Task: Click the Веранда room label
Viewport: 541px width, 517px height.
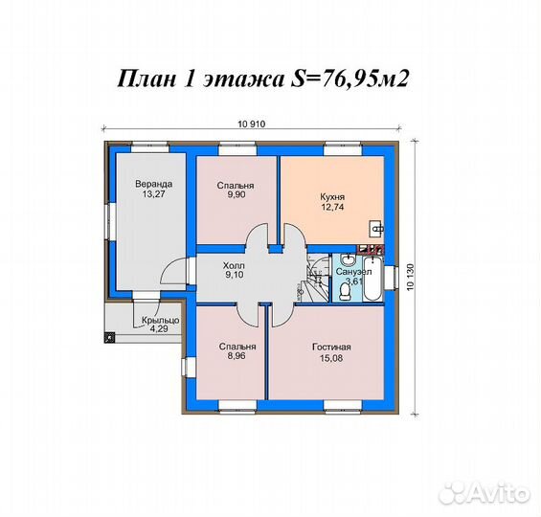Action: (153, 184)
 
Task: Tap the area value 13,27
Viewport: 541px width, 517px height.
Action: (153, 194)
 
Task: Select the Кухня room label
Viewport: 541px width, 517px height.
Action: (332, 197)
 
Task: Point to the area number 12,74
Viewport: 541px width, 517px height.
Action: (332, 208)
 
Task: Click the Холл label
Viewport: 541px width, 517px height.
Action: (234, 266)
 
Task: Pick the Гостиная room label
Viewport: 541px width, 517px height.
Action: (331, 347)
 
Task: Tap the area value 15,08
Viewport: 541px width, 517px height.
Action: (331, 358)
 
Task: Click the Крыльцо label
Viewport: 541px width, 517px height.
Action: (161, 321)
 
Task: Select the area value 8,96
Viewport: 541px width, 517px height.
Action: (237, 355)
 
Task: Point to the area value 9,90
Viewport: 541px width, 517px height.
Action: (236, 195)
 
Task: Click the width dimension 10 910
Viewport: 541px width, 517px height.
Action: (252, 124)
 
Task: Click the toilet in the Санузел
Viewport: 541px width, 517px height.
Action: (345, 291)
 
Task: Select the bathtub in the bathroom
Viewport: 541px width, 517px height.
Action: (373, 279)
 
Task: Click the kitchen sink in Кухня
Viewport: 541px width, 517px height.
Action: (376, 228)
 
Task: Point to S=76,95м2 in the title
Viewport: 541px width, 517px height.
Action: (349, 79)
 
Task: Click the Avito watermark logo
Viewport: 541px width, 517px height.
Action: (484, 493)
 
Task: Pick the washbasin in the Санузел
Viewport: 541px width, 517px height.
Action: (348, 259)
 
